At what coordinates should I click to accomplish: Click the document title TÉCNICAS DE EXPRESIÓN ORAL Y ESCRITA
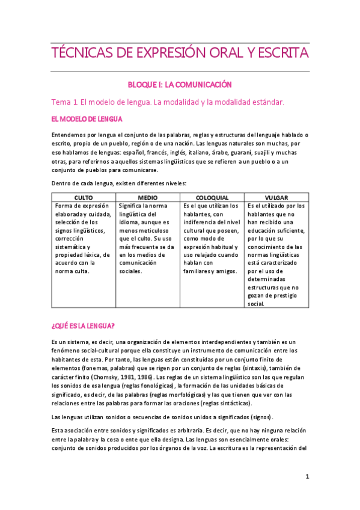(x=180, y=54)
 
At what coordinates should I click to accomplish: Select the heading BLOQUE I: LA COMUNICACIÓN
(x=180, y=85)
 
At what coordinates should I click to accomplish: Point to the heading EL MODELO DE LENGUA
(x=88, y=119)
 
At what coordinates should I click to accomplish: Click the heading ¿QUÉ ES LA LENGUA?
(x=84, y=326)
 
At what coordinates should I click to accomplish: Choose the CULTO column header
(x=83, y=197)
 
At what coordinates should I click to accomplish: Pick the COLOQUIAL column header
(x=212, y=197)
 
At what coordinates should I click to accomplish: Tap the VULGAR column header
(x=276, y=197)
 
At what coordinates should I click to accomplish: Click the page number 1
(x=307, y=477)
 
